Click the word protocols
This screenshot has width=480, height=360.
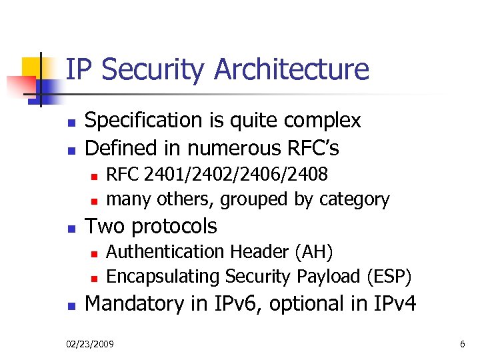point(175,226)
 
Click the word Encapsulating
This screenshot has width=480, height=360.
point(163,276)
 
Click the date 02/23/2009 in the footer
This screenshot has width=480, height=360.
point(90,344)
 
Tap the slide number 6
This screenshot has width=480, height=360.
point(462,344)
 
